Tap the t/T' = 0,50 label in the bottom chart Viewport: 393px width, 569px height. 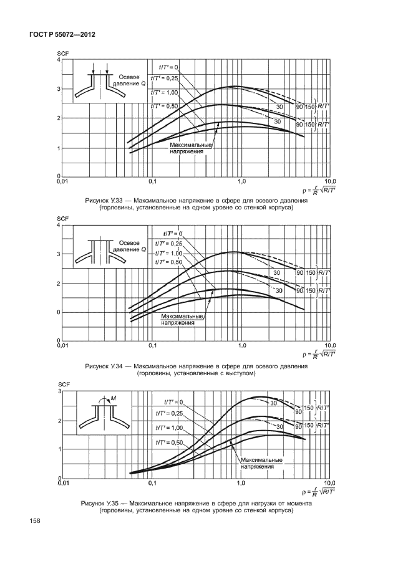coord(168,442)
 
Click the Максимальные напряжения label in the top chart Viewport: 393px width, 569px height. coord(192,147)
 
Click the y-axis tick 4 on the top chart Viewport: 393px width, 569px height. coord(59,60)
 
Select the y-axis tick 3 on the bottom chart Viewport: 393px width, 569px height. coord(59,391)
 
